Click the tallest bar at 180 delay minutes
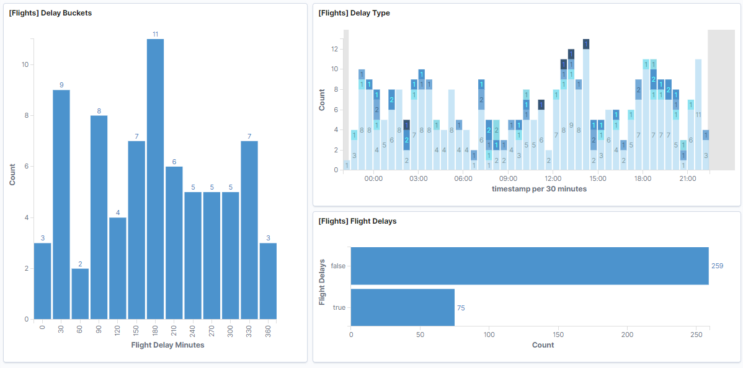pyautogui.click(x=155, y=180)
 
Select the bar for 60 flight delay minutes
pyautogui.click(x=80, y=294)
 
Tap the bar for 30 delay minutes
pyautogui.click(x=61, y=204)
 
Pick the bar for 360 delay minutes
pyautogui.click(x=268, y=281)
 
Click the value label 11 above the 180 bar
pyautogui.click(x=155, y=34)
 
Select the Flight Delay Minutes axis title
pyautogui.click(x=167, y=345)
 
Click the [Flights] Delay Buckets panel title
pyautogui.click(x=50, y=13)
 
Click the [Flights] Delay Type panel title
pyautogui.click(x=354, y=13)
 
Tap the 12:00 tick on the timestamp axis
pyautogui.click(x=553, y=178)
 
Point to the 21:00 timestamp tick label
pyautogui.click(x=687, y=178)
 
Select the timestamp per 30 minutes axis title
pyautogui.click(x=539, y=189)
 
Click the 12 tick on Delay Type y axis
pyautogui.click(x=334, y=49)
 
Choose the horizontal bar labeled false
pyautogui.click(x=530, y=266)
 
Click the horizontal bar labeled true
pyautogui.click(x=403, y=307)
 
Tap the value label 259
pyautogui.click(x=718, y=266)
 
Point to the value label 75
pyautogui.click(x=461, y=308)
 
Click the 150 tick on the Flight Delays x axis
pyautogui.click(x=559, y=335)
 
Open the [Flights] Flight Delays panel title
pyautogui.click(x=357, y=221)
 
